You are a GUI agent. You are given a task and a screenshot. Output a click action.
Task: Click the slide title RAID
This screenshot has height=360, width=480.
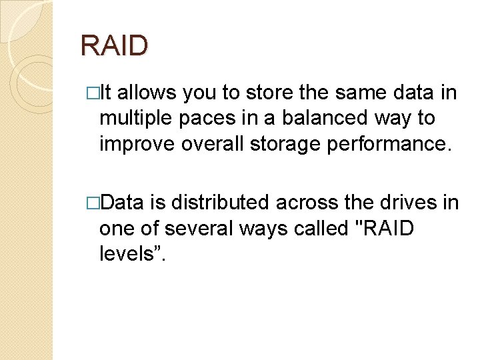(114, 46)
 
